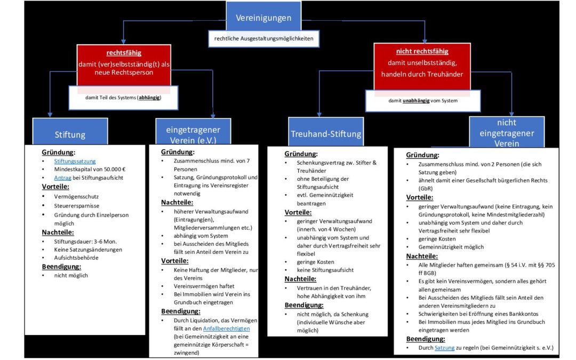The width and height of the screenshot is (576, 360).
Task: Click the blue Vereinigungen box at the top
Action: [263, 16]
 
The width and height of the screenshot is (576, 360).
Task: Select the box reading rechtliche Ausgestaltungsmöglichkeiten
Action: [264, 38]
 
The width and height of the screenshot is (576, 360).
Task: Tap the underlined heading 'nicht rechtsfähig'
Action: [422, 51]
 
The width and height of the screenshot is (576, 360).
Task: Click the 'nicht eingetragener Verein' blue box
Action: [507, 132]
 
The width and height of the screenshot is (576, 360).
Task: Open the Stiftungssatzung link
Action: [75, 161]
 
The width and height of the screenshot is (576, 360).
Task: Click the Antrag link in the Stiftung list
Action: [62, 178]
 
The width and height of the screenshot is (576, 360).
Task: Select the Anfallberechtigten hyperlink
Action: [226, 329]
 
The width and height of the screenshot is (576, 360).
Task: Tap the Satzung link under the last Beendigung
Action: [444, 348]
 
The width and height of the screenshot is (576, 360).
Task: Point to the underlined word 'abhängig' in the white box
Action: [149, 98]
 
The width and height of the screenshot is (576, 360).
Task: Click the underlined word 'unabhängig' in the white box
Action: [416, 101]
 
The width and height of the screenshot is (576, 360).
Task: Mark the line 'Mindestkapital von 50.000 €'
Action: [90, 170]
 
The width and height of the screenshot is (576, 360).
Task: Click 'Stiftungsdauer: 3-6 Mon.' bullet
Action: [85, 242]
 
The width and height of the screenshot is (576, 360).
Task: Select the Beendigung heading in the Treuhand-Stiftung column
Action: [304, 305]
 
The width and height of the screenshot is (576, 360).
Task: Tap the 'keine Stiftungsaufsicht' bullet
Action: [325, 270]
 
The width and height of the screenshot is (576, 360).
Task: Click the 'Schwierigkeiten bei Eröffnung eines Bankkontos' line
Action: [478, 314]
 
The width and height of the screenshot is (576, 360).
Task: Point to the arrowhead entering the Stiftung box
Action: [50, 115]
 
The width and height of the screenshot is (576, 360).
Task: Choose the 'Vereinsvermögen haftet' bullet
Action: [204, 286]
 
